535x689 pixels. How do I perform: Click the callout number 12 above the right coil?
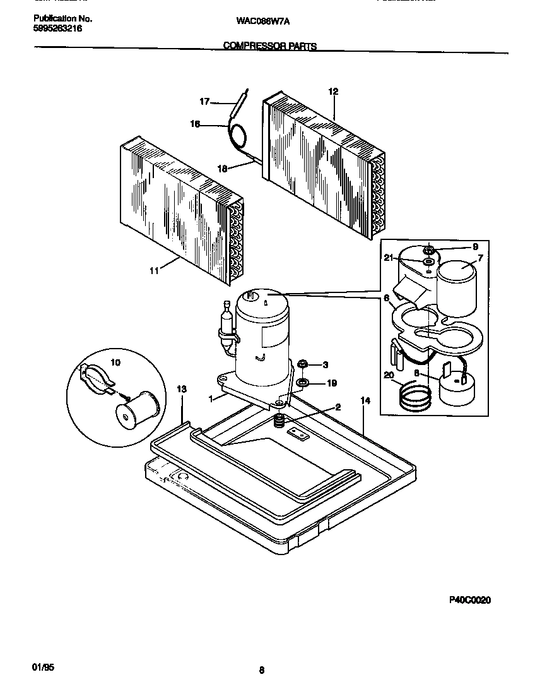tap(333, 92)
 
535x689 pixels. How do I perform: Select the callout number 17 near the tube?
tap(204, 101)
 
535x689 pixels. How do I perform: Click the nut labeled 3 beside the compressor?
tap(302, 364)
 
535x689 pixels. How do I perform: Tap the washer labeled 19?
tap(302, 383)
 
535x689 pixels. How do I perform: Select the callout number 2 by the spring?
tap(338, 407)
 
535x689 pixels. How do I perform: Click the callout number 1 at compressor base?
tap(210, 398)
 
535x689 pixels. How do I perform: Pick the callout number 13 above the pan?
tap(182, 390)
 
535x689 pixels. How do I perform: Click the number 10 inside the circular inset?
tap(115, 362)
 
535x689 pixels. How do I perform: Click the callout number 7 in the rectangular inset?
tap(479, 257)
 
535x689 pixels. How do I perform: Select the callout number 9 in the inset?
tap(475, 246)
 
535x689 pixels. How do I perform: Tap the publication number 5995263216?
tap(57, 29)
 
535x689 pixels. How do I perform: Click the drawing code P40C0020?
tap(469, 601)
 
